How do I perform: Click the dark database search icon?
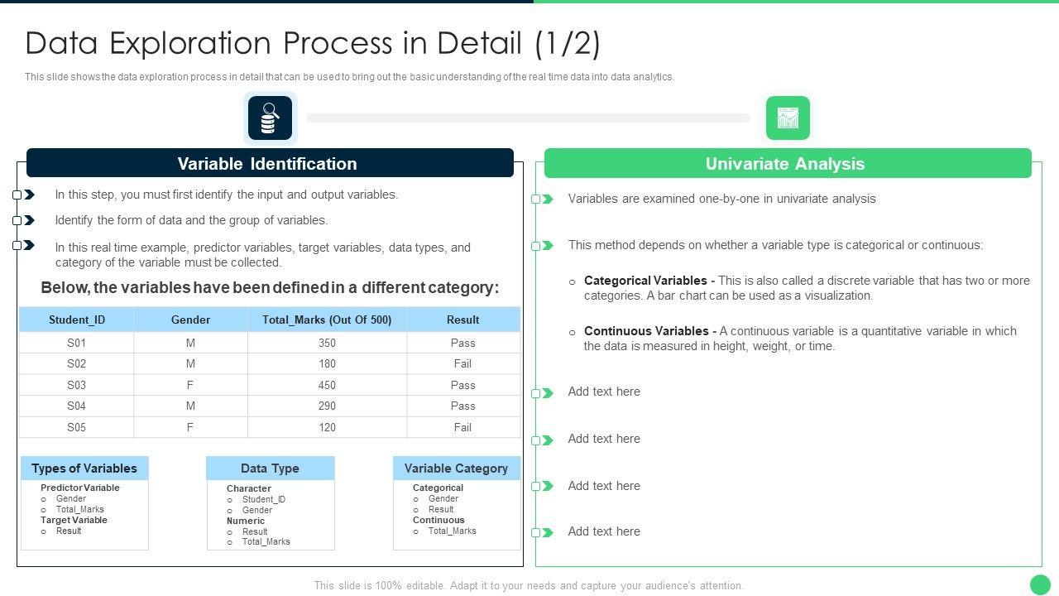[x=270, y=118]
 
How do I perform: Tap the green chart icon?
[x=788, y=118]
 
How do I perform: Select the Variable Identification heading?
[x=267, y=164]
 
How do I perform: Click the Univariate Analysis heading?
[x=785, y=164]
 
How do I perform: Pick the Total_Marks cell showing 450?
[x=327, y=385]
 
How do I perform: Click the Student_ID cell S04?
[x=77, y=406]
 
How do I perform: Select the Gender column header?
[x=190, y=320]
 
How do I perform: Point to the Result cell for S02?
[x=462, y=363]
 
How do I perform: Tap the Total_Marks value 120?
[x=327, y=428]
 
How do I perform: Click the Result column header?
[x=462, y=320]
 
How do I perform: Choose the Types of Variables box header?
[x=84, y=469]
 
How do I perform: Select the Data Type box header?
[x=270, y=469]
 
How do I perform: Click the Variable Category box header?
[x=456, y=469]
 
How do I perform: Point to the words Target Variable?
[x=74, y=520]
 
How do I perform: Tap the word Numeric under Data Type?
[x=246, y=521]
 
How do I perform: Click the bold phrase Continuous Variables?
[x=646, y=331]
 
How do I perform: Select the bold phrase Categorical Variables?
[x=645, y=281]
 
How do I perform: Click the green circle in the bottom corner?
[x=1040, y=584]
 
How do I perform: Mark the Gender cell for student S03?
[x=190, y=385]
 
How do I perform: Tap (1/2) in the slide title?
[x=568, y=44]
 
